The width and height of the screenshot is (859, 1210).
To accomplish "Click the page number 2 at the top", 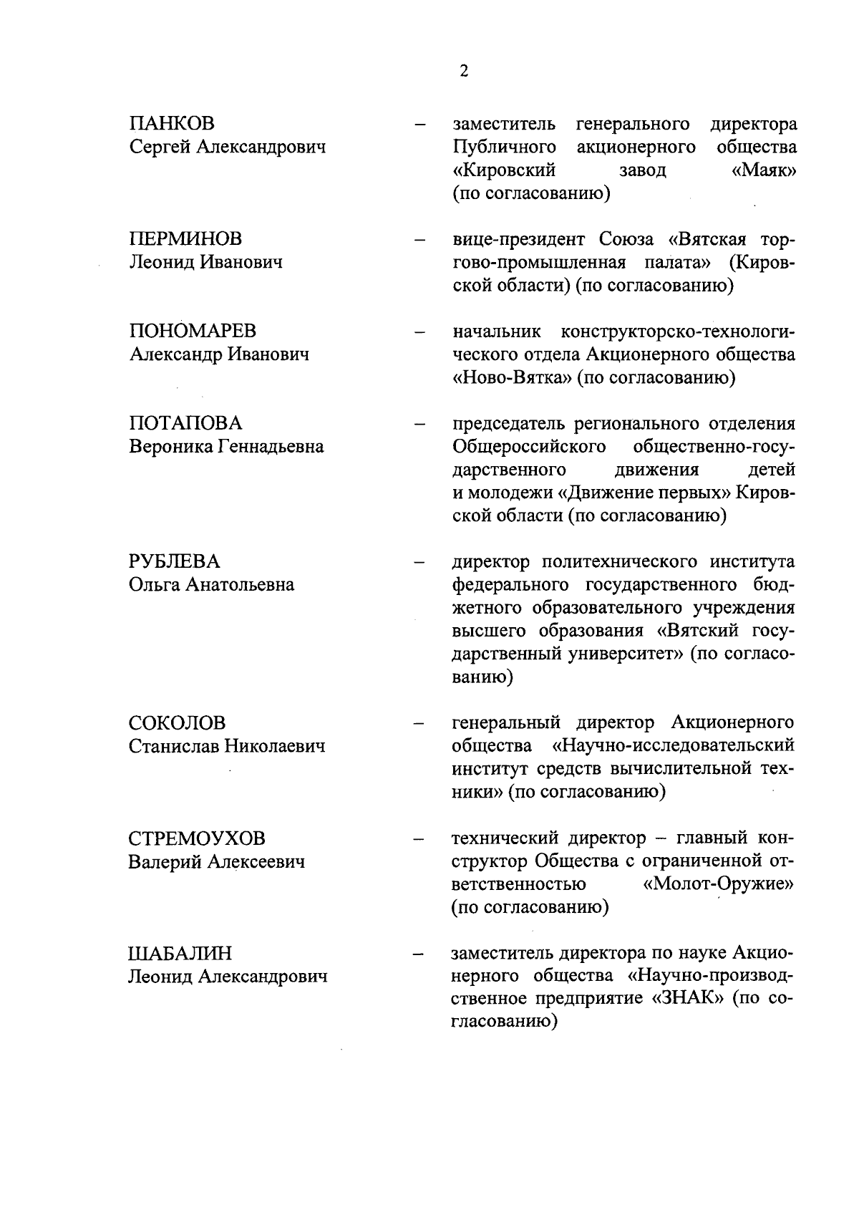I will click(x=464, y=72).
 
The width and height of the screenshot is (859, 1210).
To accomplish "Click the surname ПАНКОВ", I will click(x=172, y=124).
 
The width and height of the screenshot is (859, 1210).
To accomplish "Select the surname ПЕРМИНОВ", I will click(x=185, y=238).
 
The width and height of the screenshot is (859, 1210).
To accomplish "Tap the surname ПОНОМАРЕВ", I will click(x=193, y=331).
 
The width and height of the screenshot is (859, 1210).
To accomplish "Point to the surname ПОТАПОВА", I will click(x=185, y=423).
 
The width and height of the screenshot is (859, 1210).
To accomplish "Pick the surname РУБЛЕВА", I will click(x=175, y=561).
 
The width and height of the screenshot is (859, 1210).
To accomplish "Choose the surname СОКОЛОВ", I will click(x=177, y=723).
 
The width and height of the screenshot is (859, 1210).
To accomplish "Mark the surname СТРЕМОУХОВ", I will click(x=197, y=838).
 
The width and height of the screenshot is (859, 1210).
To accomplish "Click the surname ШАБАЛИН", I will click(x=180, y=954).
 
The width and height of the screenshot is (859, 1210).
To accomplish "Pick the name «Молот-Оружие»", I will click(x=719, y=884).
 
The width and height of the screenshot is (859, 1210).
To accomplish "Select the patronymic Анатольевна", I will click(x=240, y=585).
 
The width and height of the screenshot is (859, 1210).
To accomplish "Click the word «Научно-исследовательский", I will click(x=674, y=746).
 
